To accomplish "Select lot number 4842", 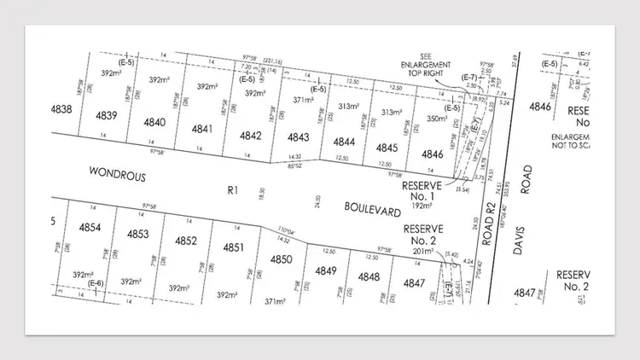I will [250, 136].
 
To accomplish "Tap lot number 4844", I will [344, 142].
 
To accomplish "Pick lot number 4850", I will [282, 259].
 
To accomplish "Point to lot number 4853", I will [138, 234].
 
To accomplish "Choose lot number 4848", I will [369, 276].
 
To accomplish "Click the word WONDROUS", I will [118, 175].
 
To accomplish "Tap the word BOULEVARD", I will [372, 206].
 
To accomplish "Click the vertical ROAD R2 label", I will [490, 229].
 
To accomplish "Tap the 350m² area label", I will [436, 120].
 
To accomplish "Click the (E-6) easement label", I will [96, 283].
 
